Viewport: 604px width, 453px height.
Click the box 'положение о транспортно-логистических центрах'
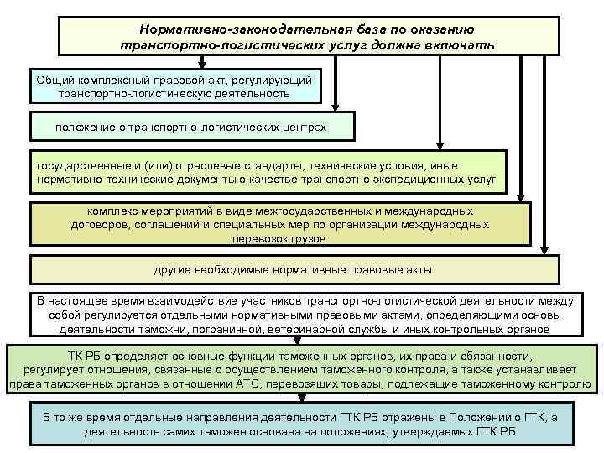point(190,127)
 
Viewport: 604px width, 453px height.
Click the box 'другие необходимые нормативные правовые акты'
point(293,270)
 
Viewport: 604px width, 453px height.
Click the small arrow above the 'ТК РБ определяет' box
point(295,341)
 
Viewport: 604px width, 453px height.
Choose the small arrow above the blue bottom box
point(295,403)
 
